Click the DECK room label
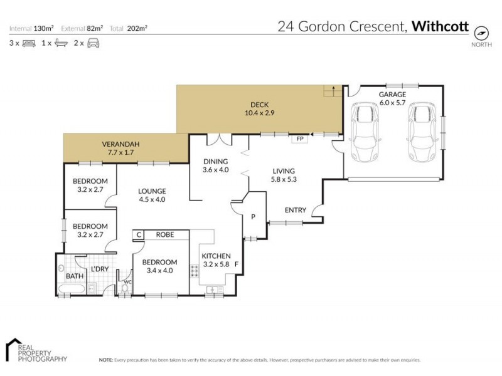pyautogui.click(x=260, y=105)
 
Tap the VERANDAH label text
pyautogui.click(x=120, y=144)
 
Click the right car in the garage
pyautogui.click(x=420, y=132)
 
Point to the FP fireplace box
pyautogui.click(x=299, y=139)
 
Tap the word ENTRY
pyautogui.click(x=295, y=211)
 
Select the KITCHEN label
pyautogui.click(x=216, y=256)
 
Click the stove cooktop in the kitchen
pyautogui.click(x=195, y=270)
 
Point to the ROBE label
pyautogui.click(x=164, y=236)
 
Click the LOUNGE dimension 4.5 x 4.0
pyautogui.click(x=152, y=200)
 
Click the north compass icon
pyautogui.click(x=481, y=33)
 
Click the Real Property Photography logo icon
pyautogui.click(x=16, y=350)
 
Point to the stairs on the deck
pyautogui.click(x=331, y=91)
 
